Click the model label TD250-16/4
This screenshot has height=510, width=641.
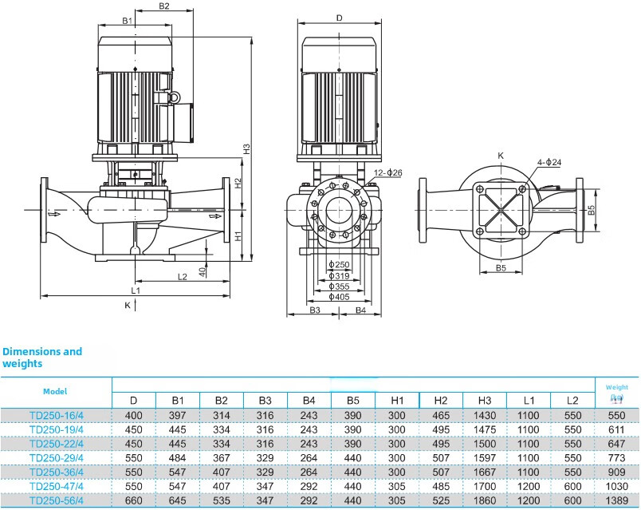(x=56, y=415)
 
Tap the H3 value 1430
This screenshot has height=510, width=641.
(x=485, y=415)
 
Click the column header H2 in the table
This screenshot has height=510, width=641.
(x=441, y=399)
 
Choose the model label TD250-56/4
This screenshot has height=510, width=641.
(x=56, y=500)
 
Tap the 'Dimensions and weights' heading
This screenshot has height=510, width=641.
(x=42, y=357)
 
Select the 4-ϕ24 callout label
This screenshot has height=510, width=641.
(x=549, y=163)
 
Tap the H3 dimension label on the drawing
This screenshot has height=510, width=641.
(x=247, y=148)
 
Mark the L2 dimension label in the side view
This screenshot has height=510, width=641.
(x=182, y=277)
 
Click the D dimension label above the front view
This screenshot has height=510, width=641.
(x=339, y=18)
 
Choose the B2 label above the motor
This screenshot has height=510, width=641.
(x=164, y=6)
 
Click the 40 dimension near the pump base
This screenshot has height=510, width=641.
(x=203, y=271)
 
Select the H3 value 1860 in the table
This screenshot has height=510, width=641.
(x=485, y=500)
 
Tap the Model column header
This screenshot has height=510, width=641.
(x=55, y=391)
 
